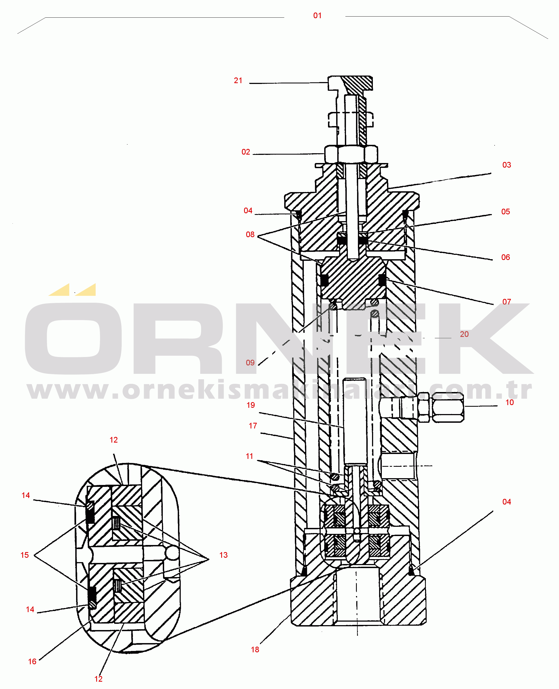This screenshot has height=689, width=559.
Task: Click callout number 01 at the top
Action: pyautogui.click(x=317, y=15)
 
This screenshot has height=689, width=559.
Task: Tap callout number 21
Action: pyautogui.click(x=238, y=80)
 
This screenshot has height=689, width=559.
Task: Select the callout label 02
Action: pyautogui.click(x=246, y=152)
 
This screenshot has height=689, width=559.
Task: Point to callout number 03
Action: pyautogui.click(x=507, y=165)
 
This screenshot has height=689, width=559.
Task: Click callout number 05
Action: pyautogui.click(x=505, y=212)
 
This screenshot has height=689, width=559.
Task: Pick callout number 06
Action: pyautogui.click(x=505, y=257)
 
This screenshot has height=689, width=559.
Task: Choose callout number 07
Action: pyautogui.click(x=507, y=302)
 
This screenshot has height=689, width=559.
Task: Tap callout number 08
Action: pyautogui.click(x=250, y=234)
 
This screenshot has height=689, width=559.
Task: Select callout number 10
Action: pyautogui.click(x=510, y=402)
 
